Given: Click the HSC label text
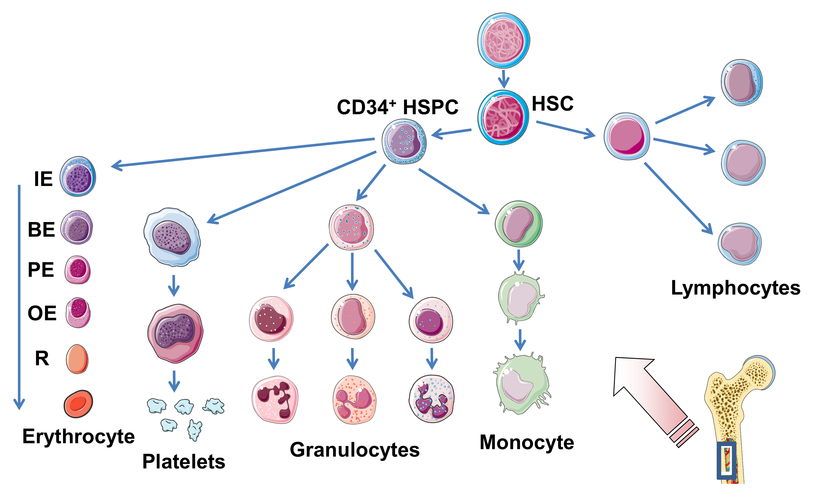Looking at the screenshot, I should tap(552, 104).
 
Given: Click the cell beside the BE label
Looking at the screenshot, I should tap(77, 228).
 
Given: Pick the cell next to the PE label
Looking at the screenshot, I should tap(77, 270).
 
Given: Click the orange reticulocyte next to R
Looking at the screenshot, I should tap(77, 359).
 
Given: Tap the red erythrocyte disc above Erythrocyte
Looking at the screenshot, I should tap(78, 404).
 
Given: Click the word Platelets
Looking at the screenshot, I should tap(184, 462).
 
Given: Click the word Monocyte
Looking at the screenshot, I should tap(526, 443).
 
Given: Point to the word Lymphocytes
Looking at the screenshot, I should tap(735, 288).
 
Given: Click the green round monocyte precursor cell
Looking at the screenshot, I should tap(518, 224).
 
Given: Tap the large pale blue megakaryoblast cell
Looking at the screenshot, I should tap(172, 237).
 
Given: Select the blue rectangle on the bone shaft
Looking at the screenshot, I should tap(727, 461).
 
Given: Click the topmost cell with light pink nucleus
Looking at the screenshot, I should tap(503, 41).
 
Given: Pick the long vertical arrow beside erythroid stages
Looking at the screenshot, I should tap(19, 296).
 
